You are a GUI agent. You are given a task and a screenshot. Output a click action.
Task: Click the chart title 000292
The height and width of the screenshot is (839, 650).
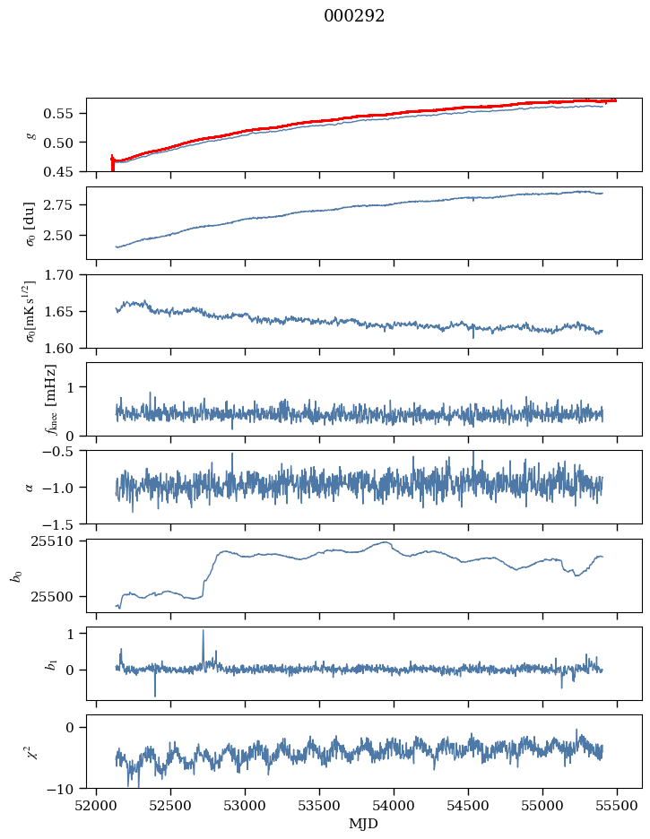[x=354, y=16]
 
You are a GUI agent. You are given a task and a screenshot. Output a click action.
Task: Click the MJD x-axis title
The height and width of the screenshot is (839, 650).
[x=363, y=823]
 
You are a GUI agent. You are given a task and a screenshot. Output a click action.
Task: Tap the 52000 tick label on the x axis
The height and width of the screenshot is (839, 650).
[x=97, y=805]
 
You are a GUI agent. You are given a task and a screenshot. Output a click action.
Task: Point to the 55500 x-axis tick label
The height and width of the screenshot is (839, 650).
[x=617, y=805]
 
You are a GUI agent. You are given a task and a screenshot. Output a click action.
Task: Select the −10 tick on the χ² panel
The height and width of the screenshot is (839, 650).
[x=64, y=789]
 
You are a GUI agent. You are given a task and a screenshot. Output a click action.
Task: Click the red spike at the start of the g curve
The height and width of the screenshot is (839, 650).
[x=112, y=161]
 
